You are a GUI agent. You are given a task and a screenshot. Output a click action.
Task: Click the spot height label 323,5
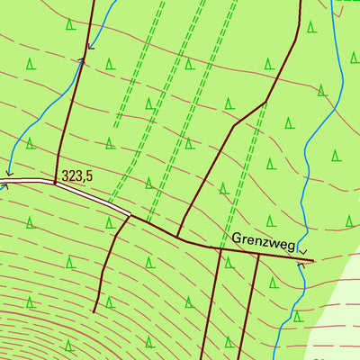78,176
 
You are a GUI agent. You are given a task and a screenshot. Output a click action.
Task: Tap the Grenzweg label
264,240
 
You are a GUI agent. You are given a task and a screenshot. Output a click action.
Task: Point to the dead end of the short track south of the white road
94,311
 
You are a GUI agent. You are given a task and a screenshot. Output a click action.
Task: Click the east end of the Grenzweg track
313,261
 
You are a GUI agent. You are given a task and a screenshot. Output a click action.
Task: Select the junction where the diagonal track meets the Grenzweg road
177,238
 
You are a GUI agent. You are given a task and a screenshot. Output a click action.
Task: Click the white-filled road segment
90,193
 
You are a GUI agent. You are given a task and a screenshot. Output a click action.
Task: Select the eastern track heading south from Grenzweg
253,306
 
